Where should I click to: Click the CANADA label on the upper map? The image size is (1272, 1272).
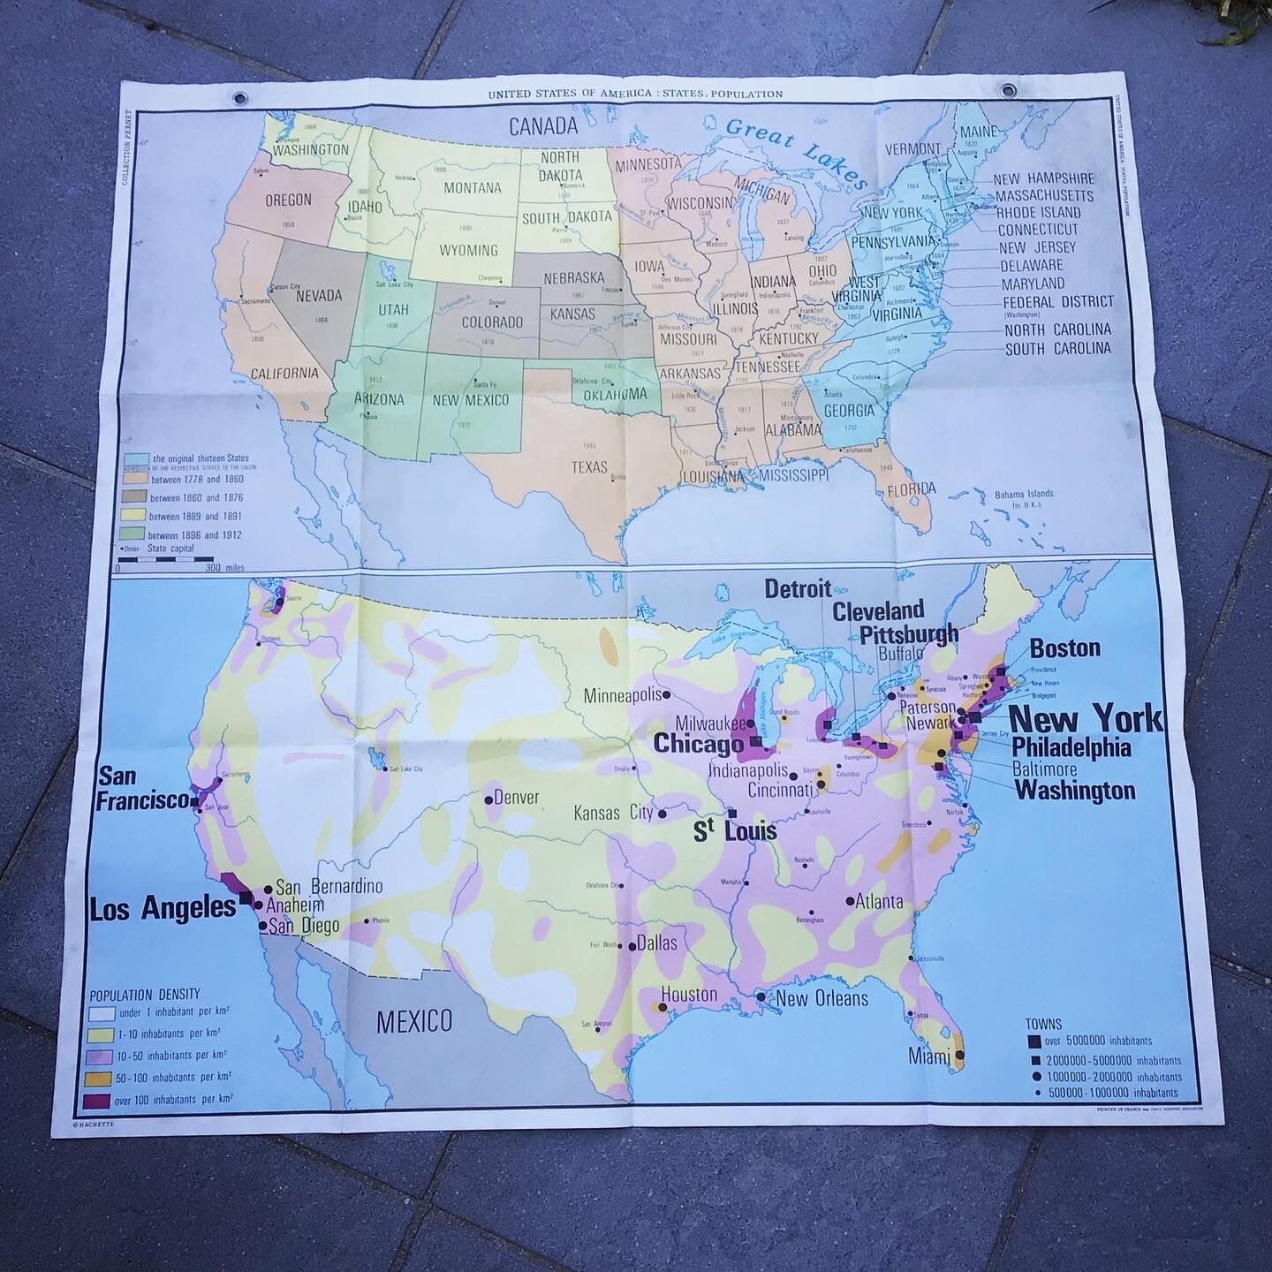(542, 125)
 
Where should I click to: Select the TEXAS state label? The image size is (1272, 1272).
(588, 466)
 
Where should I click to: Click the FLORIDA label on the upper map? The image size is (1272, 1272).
(911, 488)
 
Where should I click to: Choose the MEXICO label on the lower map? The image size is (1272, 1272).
(414, 1022)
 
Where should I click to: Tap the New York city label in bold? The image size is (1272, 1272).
(1086, 718)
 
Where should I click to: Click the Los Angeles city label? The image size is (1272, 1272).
(163, 909)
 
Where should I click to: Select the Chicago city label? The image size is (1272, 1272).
(698, 745)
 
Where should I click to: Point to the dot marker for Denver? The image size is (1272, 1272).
(488, 799)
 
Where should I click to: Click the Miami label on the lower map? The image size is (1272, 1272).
(929, 1056)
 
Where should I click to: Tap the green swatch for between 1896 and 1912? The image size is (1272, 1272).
(133, 534)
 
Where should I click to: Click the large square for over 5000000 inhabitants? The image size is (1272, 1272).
(1033, 1041)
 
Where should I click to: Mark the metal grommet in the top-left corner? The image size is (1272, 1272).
(240, 97)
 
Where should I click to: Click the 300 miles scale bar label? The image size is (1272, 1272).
(224, 568)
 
